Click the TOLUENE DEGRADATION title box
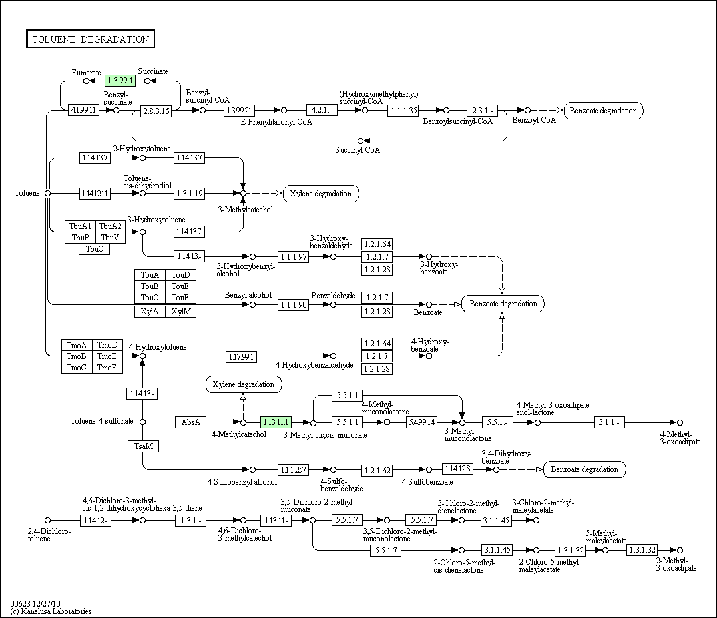click(x=90, y=39)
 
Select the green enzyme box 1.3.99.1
click(x=120, y=81)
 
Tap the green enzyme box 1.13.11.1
click(x=276, y=422)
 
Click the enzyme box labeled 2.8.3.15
click(x=156, y=111)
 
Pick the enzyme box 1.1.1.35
click(x=403, y=110)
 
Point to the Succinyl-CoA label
click(x=358, y=150)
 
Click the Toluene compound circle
click(x=47, y=193)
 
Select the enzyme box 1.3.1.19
click(x=190, y=193)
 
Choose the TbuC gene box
click(x=95, y=249)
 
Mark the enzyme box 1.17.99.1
click(x=241, y=356)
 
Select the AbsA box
click(x=191, y=422)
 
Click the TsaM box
click(x=144, y=446)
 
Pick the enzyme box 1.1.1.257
click(x=294, y=469)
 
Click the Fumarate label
click(x=87, y=72)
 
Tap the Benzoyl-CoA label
click(x=534, y=120)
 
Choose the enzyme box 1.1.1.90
click(x=294, y=304)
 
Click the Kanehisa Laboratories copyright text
click(x=51, y=611)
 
